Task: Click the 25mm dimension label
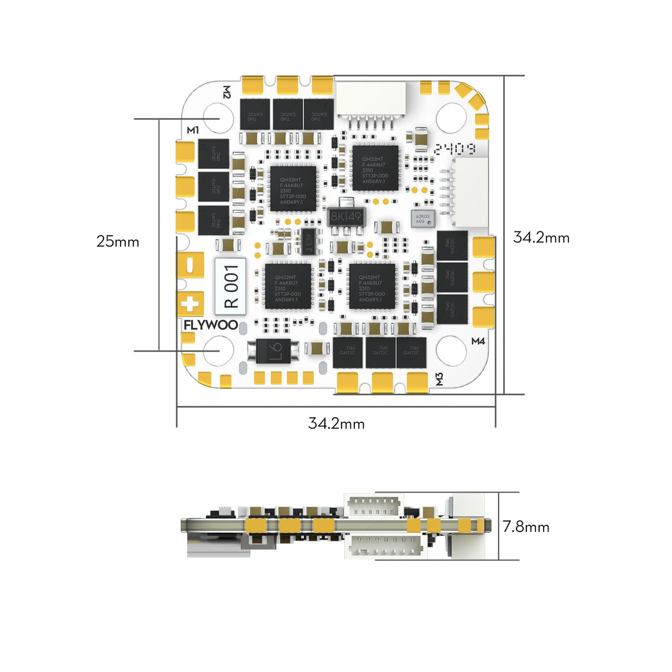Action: point(118,241)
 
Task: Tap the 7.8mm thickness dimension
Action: point(526,526)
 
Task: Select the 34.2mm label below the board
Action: point(337,423)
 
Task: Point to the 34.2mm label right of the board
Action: point(541,237)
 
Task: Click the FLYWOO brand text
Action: point(211,325)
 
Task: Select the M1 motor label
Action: point(193,130)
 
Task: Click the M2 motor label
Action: point(226,92)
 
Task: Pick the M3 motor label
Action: point(439,379)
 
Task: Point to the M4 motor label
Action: point(478,341)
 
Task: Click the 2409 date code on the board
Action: point(454,149)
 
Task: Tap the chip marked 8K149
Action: point(345,216)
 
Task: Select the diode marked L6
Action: point(274,349)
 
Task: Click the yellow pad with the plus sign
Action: point(190,304)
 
